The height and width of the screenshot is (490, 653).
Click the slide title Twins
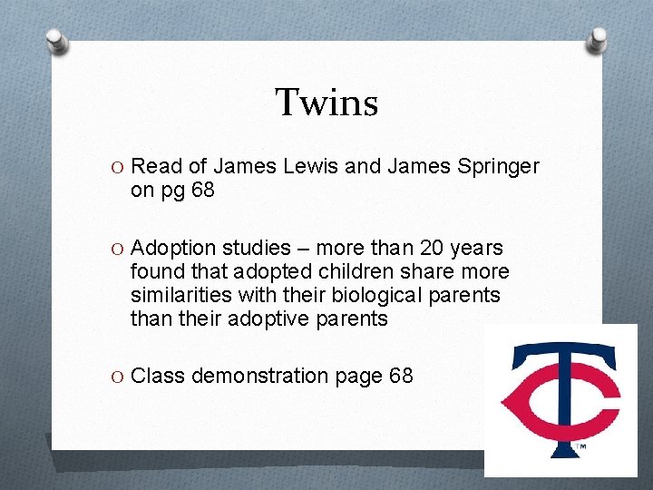click(x=326, y=103)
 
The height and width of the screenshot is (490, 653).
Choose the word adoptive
click(x=257, y=319)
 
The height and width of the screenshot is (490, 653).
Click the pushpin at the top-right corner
click(x=599, y=39)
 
